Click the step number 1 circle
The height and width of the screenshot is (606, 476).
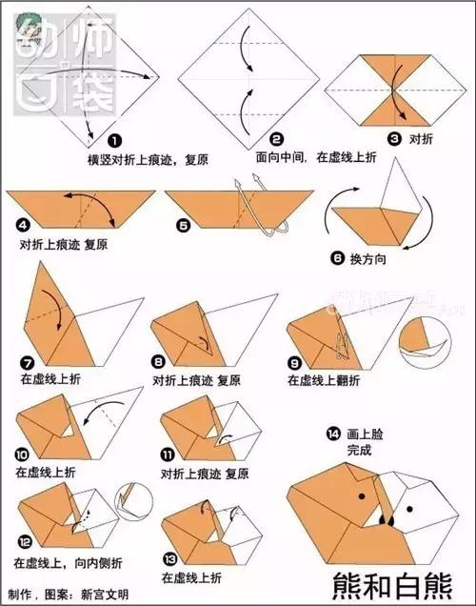coord(115,139)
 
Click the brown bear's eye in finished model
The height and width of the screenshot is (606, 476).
coord(362,495)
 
